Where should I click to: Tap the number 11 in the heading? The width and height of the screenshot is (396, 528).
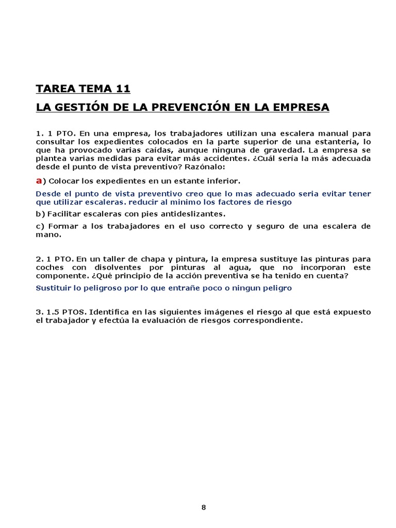(123, 89)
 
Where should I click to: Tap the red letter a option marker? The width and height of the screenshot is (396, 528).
(39, 180)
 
